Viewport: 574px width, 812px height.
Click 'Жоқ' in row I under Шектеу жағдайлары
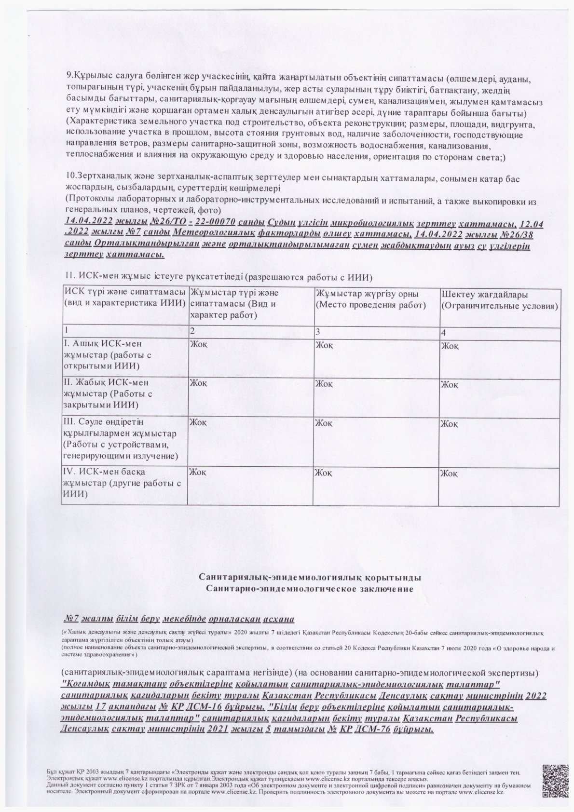(x=450, y=346)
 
